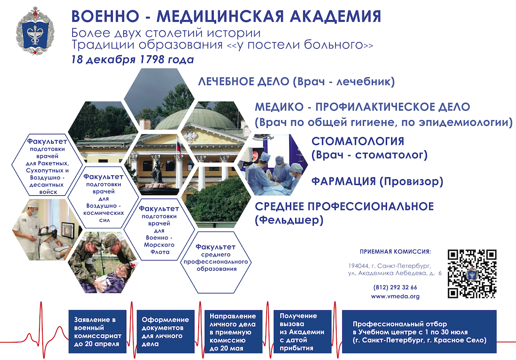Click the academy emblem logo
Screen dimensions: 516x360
pos(35,31)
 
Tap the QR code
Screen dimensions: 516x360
pos(472,274)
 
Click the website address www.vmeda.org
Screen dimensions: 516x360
pos(395,297)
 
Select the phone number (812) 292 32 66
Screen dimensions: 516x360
pos(395,287)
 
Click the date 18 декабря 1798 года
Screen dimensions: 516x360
pos(132,60)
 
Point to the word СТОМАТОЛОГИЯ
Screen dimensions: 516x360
pos(358,141)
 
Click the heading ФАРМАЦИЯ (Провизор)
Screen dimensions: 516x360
pos(377,181)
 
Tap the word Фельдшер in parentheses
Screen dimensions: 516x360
pos(289,220)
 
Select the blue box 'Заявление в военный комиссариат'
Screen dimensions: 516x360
pos(97,331)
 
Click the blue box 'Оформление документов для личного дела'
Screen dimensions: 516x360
pos(165,331)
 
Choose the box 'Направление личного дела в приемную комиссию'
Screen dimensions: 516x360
pos(233,331)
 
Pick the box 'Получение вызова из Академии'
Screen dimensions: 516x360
pos(302,331)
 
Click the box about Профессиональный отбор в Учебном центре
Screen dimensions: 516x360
pos(419,331)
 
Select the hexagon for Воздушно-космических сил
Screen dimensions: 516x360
pos(104,198)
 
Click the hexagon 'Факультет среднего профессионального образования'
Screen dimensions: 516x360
pos(216,262)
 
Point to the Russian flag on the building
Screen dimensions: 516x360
pos(178,147)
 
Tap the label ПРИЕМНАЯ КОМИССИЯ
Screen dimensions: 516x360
pos(395,252)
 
